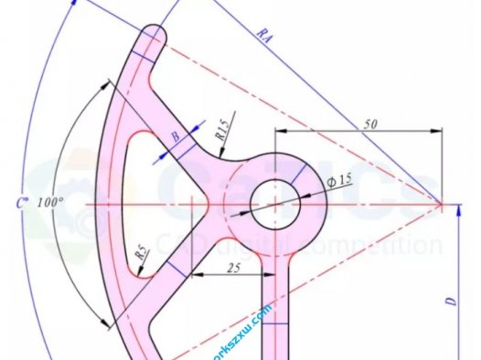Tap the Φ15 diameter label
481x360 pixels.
coord(338,180)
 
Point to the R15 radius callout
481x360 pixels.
coord(223,126)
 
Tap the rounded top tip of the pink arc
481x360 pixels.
coord(155,36)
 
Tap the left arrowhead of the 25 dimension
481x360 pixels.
coord(190,273)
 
